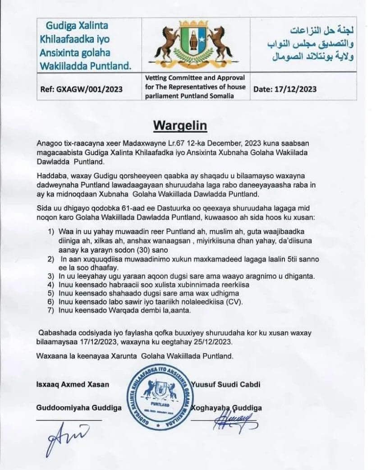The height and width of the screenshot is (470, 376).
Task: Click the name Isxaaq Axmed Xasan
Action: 73,385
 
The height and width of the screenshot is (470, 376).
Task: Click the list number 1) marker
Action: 51,231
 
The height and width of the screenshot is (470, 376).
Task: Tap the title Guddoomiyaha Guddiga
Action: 78,408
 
